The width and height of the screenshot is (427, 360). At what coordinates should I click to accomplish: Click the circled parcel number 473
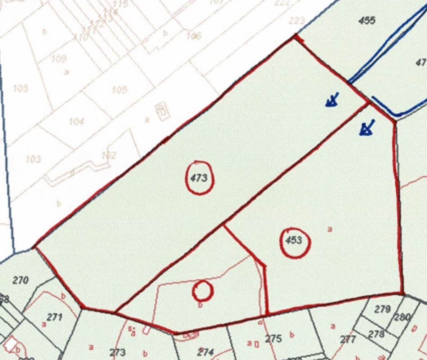(199, 178)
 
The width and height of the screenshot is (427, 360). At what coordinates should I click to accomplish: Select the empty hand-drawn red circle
(203, 291)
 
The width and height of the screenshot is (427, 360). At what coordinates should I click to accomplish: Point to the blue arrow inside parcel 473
(332, 100)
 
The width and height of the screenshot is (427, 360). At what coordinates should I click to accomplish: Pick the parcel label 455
(367, 20)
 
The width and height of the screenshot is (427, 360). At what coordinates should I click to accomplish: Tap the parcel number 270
(20, 280)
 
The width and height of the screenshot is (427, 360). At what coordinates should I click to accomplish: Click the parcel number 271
(55, 317)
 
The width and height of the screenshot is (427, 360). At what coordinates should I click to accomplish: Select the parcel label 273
(117, 352)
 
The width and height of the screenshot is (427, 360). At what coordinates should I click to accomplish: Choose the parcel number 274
(205, 352)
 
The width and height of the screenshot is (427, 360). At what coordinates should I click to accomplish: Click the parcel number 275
(273, 339)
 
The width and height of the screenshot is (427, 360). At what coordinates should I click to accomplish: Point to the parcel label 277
(348, 340)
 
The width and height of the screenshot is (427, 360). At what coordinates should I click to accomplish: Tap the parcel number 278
(376, 334)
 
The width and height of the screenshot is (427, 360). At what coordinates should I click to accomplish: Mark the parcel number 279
(382, 309)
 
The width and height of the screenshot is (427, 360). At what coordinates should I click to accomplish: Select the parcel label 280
(402, 317)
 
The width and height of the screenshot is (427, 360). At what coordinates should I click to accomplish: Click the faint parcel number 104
(76, 121)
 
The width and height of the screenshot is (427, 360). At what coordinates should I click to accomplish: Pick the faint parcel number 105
(119, 89)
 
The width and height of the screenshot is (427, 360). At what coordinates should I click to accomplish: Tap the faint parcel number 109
(59, 59)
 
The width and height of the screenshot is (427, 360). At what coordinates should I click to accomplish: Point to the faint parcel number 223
(296, 21)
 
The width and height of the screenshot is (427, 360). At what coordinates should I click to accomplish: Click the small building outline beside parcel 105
(163, 111)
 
